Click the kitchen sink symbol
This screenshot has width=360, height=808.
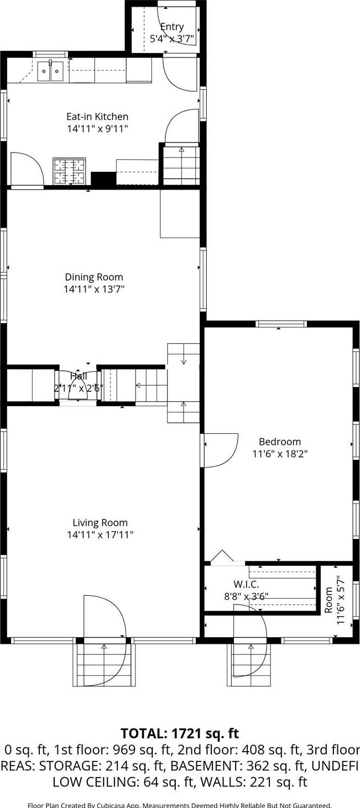tap(50, 71)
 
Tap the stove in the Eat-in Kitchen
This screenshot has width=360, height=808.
tap(70, 171)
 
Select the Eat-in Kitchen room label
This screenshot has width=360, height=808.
tap(97, 117)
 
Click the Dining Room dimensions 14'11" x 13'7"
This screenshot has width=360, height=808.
tap(94, 289)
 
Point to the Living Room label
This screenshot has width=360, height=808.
tap(100, 523)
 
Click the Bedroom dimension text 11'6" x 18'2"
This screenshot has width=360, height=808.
tap(280, 454)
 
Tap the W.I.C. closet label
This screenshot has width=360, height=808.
tap(246, 584)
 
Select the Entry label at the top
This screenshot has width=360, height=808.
tap(171, 27)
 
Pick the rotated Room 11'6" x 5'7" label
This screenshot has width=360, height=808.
tap(335, 600)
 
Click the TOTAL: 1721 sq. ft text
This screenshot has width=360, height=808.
tap(180, 733)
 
